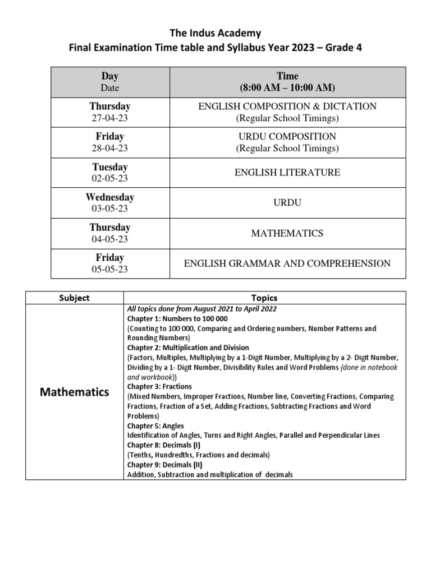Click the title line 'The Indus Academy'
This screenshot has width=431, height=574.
point(215,33)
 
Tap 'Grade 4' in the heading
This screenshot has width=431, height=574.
point(345,48)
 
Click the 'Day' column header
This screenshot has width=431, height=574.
point(110,76)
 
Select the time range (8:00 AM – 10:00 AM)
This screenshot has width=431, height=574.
point(287,87)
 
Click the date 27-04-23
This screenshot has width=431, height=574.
point(110,118)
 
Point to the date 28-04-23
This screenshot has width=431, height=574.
point(110,148)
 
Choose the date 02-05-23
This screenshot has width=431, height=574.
point(110,178)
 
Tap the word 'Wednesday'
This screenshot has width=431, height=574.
point(110,197)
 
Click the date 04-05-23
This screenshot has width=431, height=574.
point(110,239)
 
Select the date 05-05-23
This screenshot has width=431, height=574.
point(110,269)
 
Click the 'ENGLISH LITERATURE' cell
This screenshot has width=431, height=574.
point(287,173)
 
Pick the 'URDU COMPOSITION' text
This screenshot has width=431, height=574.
point(287,137)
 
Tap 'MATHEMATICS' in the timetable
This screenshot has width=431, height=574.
point(287,233)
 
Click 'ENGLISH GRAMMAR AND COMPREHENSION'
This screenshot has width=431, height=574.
point(287,263)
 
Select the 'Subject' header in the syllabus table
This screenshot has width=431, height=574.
point(74,298)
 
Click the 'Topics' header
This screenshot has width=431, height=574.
point(264,298)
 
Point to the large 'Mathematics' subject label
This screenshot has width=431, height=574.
point(75,392)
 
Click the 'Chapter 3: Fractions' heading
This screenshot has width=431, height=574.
point(159,387)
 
